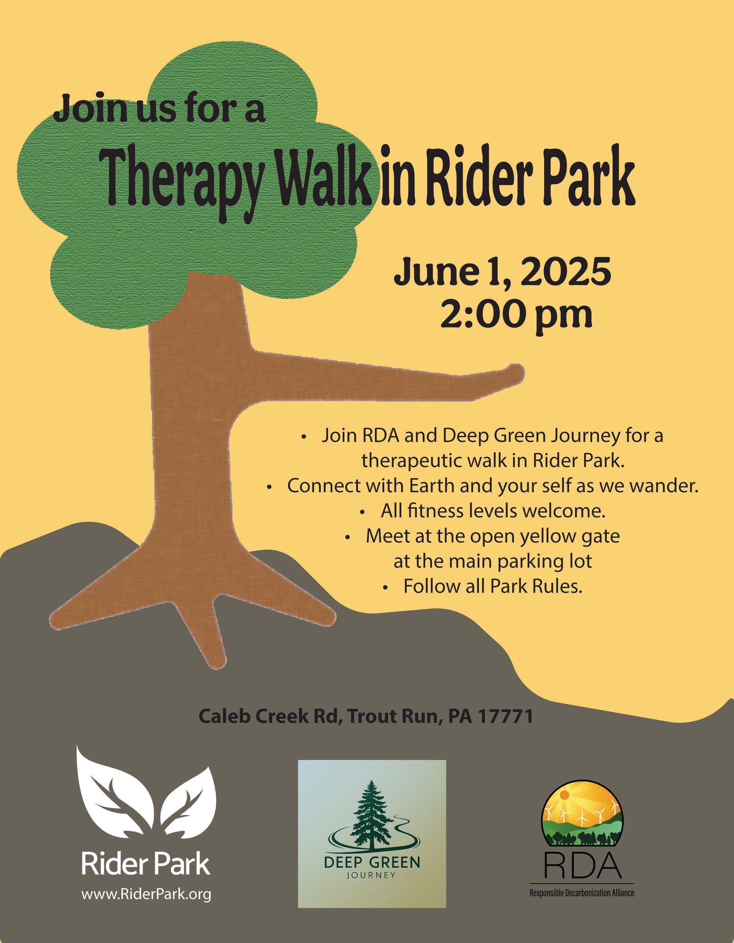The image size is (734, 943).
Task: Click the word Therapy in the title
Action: (183, 181)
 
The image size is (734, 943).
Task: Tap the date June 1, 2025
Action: (503, 272)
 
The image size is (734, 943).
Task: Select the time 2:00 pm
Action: (516, 314)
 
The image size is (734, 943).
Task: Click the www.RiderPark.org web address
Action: (146, 894)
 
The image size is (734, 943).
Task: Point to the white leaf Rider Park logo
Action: (146, 792)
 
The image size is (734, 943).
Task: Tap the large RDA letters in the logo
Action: (582, 865)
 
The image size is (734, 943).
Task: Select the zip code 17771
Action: (505, 716)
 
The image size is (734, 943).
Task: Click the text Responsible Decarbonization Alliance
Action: (582, 893)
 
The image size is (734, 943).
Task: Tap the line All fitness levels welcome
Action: (493, 511)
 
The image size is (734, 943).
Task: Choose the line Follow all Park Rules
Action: (493, 586)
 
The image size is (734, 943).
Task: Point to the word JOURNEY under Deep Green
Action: (371, 875)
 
